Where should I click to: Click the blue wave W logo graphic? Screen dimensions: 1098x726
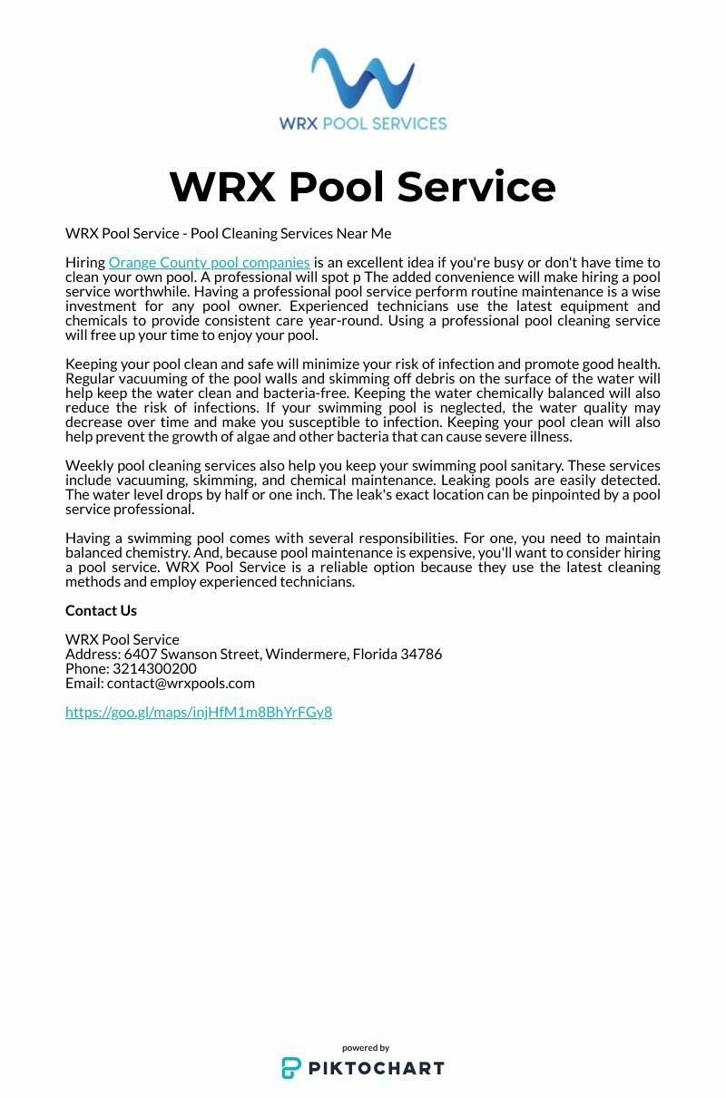coord(362,79)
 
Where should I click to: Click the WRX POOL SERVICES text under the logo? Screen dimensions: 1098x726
coord(363,123)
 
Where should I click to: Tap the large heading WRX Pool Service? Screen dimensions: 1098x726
coord(362,186)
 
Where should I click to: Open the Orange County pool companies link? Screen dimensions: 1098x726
coord(209,263)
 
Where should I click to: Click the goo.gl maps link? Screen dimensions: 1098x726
coord(199,712)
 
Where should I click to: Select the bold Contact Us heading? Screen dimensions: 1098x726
coord(101,610)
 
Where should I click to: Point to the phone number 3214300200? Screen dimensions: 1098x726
coord(154,668)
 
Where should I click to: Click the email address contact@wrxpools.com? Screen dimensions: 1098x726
coord(181,683)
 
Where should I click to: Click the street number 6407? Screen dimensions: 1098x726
coord(140,654)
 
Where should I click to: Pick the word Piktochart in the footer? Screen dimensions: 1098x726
coord(376,1068)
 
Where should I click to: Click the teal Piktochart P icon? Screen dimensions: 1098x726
coord(290,1068)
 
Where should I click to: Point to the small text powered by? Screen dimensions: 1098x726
coord(366,1047)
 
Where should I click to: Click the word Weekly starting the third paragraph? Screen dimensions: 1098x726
coord(89,466)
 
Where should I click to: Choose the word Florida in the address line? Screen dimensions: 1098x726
coord(374,654)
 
